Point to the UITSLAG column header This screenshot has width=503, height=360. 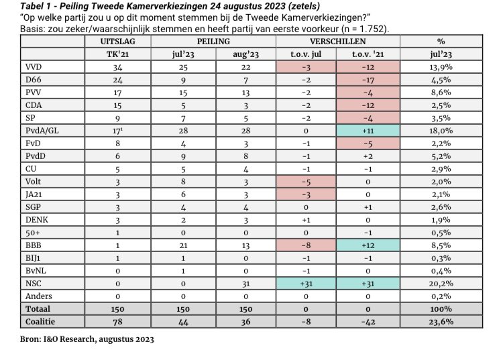click(117, 42)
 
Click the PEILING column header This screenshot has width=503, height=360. click(213, 42)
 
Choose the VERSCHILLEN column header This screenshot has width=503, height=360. click(339, 42)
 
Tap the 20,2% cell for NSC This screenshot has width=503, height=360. click(441, 284)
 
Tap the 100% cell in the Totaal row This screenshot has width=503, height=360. click(441, 309)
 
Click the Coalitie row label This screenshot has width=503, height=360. click(42, 322)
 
